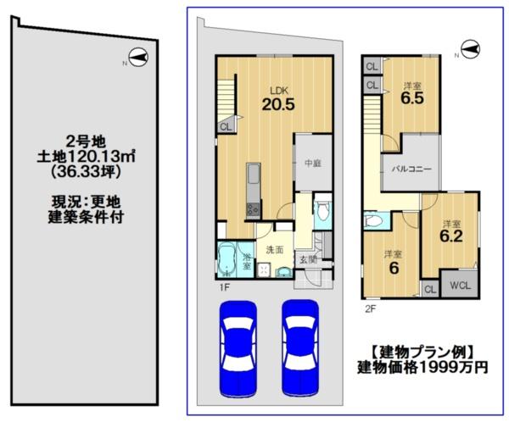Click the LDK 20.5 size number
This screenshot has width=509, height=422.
pos(278,104)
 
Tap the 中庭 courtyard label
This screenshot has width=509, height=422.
pos(313,164)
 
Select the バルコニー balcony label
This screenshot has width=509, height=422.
pos(411,169)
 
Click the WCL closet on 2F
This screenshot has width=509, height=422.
pos(460,286)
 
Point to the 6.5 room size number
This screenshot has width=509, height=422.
pos(412,98)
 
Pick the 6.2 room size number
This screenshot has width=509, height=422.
pos(451,236)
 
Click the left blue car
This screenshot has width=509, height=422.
pos(238,349)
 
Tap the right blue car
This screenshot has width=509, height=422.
pos(300,349)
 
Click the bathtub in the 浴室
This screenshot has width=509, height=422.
pos(227,259)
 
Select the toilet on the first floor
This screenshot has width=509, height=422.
pos(323,211)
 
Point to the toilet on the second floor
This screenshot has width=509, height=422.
pos(373,220)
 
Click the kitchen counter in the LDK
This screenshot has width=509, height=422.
pos(253,191)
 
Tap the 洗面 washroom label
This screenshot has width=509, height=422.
pos(275,250)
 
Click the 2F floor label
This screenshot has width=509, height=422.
pos(371,308)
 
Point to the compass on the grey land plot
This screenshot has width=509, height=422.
pos(138,58)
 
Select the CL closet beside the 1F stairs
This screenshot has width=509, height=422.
pos(226,126)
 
